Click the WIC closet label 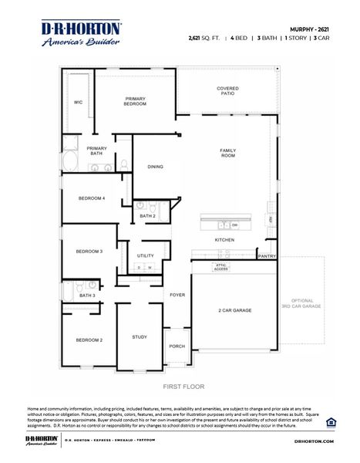point(78,102)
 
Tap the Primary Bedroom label point(136,101)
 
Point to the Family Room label point(227,153)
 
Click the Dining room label point(155,167)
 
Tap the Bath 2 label point(147,216)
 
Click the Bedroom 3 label point(89,252)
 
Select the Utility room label point(145,255)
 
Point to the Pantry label point(267,255)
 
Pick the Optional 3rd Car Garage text point(302,303)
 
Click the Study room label point(140,336)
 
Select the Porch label point(177,346)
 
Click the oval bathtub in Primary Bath point(69,163)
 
